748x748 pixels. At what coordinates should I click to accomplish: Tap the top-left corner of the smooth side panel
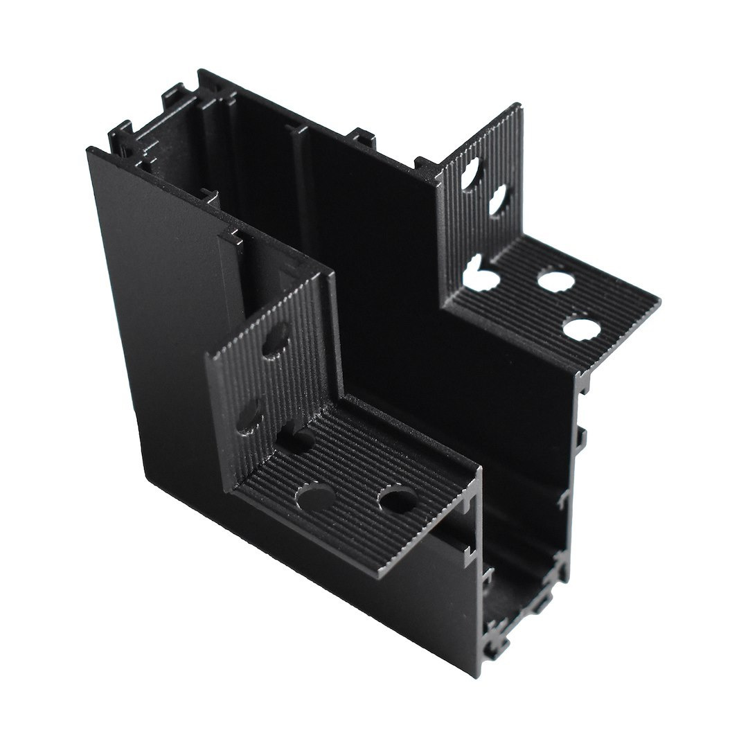tap(89, 150)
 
